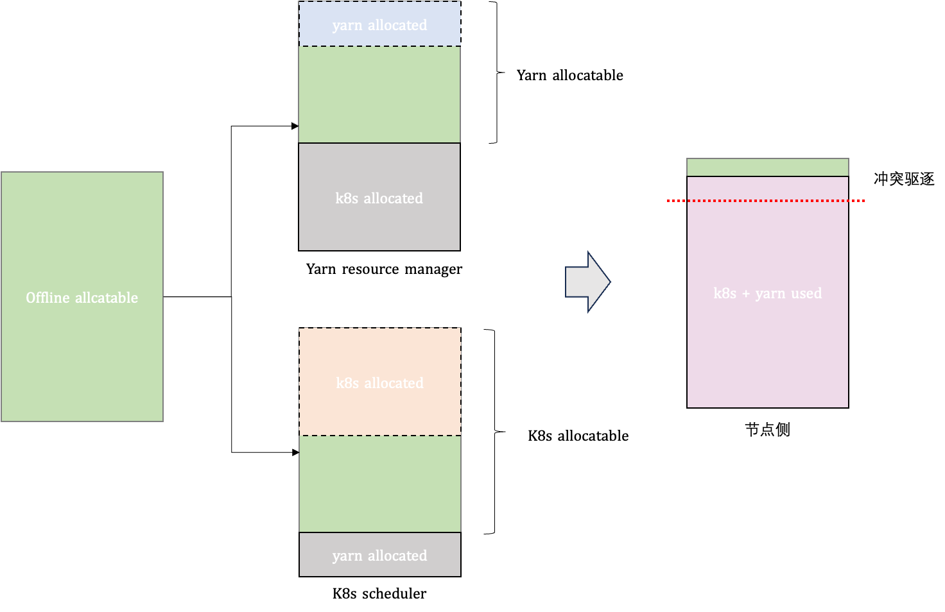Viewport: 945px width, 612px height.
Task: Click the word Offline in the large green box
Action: pyautogui.click(x=48, y=298)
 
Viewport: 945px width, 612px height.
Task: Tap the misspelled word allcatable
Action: pyautogui.click(x=107, y=298)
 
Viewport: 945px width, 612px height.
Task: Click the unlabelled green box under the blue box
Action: pyautogui.click(x=379, y=94)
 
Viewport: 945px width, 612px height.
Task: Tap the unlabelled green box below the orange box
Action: pyautogui.click(x=379, y=484)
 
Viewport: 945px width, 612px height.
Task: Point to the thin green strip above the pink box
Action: pyautogui.click(x=767, y=167)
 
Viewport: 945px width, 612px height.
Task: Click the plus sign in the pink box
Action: pyautogui.click(x=745, y=294)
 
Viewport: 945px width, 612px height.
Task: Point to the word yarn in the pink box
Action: pyautogui.click(x=770, y=294)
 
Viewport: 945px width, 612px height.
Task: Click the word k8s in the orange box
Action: pyautogui.click(x=347, y=383)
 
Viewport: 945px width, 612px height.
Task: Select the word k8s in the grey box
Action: pyautogui.click(x=347, y=198)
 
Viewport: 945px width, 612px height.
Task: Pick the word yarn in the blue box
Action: pyautogui.click(x=347, y=25)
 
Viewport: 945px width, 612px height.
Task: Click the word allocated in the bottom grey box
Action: pyautogui.click(x=397, y=556)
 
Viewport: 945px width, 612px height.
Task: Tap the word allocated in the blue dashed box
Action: pyautogui.click(x=397, y=25)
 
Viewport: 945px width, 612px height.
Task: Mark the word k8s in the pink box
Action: pyautogui.click(x=725, y=294)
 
